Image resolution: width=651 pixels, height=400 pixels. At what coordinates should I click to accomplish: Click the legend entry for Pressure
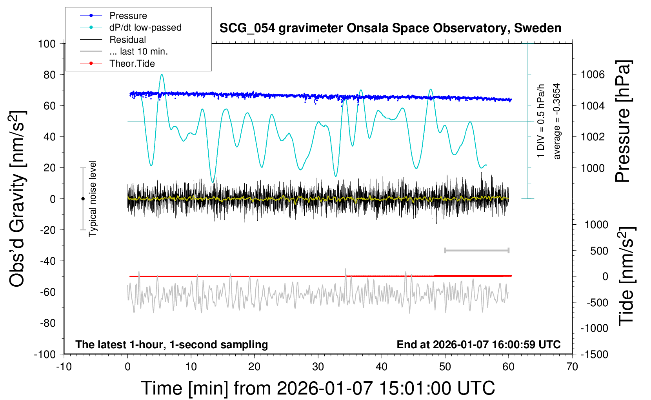coord(128,16)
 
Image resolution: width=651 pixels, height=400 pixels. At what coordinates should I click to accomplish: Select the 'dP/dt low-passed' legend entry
coord(145,27)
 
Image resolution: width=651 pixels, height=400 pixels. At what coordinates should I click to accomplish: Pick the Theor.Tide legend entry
coord(132,64)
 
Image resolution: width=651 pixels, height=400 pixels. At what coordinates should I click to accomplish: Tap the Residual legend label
coord(127,40)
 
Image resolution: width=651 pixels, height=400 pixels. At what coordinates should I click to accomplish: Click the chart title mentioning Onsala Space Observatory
coord(390,28)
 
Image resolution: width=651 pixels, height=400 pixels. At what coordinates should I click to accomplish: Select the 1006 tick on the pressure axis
coord(593,75)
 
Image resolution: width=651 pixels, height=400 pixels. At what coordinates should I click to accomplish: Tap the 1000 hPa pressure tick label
coord(593,168)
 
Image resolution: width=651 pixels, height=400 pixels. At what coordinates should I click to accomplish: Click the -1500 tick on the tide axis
coord(594,354)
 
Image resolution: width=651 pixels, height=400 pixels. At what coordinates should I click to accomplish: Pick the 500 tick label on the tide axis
coord(599,251)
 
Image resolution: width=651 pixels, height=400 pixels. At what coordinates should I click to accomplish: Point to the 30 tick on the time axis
coord(318,367)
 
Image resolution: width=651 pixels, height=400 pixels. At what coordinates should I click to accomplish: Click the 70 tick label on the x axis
coord(572,367)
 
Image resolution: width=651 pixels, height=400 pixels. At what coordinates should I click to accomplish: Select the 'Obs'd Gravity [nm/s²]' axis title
coord(18,198)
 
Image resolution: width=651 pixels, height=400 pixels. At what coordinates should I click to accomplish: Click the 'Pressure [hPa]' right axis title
coord(623,122)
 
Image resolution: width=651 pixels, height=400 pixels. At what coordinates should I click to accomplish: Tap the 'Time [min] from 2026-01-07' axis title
coord(318,388)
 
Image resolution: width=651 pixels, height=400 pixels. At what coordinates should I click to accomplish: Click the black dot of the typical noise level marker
coord(83,199)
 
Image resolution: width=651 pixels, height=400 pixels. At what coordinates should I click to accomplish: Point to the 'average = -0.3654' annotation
coord(556,121)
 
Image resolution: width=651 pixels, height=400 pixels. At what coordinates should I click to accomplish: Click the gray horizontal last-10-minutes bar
coord(476,251)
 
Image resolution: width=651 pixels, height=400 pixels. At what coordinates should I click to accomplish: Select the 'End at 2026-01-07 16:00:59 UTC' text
coord(478,344)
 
